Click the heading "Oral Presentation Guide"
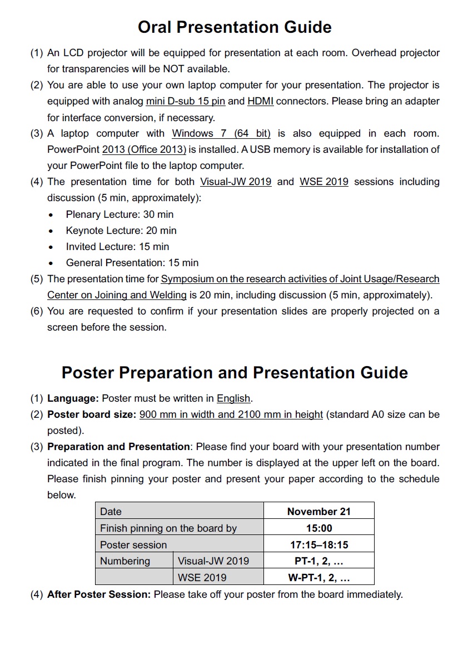click(x=235, y=27)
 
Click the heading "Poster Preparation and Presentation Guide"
click(x=235, y=372)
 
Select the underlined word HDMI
click(x=260, y=101)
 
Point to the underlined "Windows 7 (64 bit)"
click(x=221, y=133)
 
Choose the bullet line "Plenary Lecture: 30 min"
click(x=120, y=214)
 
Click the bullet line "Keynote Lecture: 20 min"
click(x=121, y=231)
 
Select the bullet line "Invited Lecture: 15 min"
click(x=117, y=247)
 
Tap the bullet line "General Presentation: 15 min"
click(x=132, y=263)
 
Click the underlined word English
click(x=233, y=398)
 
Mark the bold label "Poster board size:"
click(x=92, y=414)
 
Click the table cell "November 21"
click(x=318, y=512)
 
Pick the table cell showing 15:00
click(x=318, y=528)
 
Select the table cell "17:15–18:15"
click(x=318, y=545)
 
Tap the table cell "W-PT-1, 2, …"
click(x=318, y=578)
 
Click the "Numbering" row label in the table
click(x=125, y=561)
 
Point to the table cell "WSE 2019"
click(x=202, y=578)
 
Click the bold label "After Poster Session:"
click(x=99, y=594)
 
